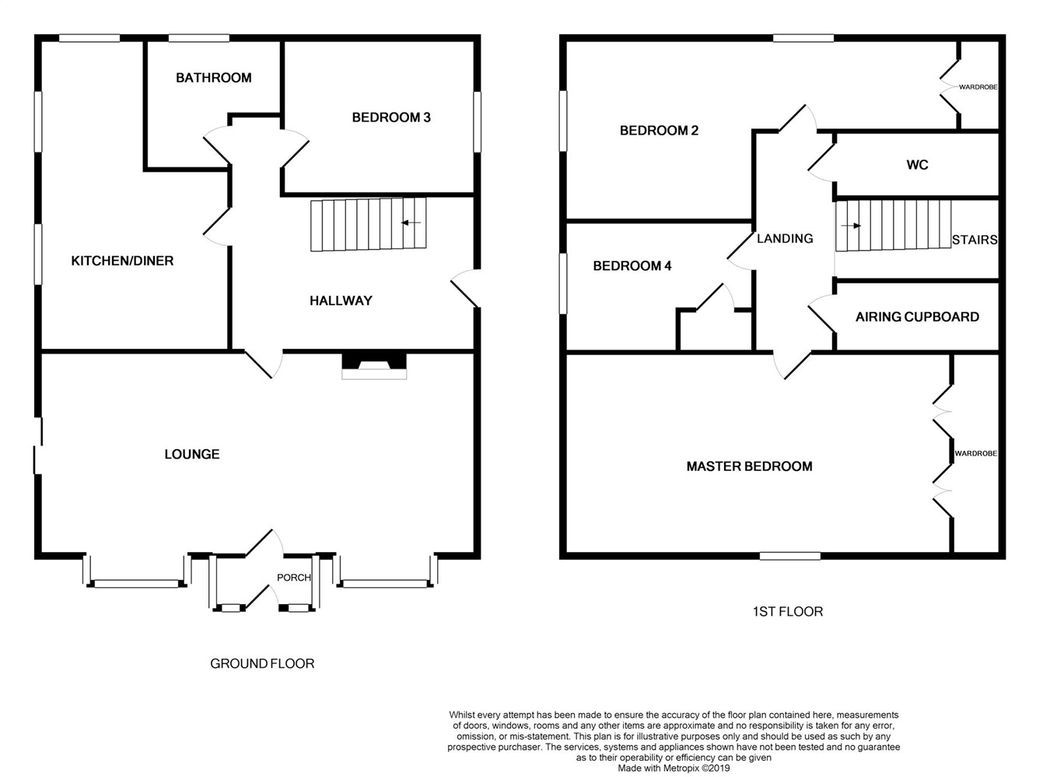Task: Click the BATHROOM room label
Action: [x=213, y=78]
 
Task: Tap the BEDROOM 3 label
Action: [x=391, y=118]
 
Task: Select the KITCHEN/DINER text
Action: [x=122, y=261]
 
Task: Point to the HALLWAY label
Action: [x=341, y=301]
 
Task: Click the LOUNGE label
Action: [x=191, y=454]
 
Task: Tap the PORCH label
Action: [x=293, y=578]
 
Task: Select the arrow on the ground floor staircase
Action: [x=411, y=223]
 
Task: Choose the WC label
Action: [x=917, y=165]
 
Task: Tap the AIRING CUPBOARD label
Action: [x=917, y=317]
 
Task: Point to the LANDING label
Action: [x=785, y=239]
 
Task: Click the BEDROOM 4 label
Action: [x=632, y=266]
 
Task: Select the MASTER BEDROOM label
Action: [x=749, y=466]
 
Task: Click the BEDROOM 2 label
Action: [x=659, y=131]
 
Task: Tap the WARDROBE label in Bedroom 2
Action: [x=978, y=87]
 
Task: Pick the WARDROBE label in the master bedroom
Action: [x=975, y=453]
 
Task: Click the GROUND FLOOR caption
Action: [x=262, y=664]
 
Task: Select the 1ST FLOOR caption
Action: [x=787, y=612]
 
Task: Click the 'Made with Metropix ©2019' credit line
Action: [x=674, y=768]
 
